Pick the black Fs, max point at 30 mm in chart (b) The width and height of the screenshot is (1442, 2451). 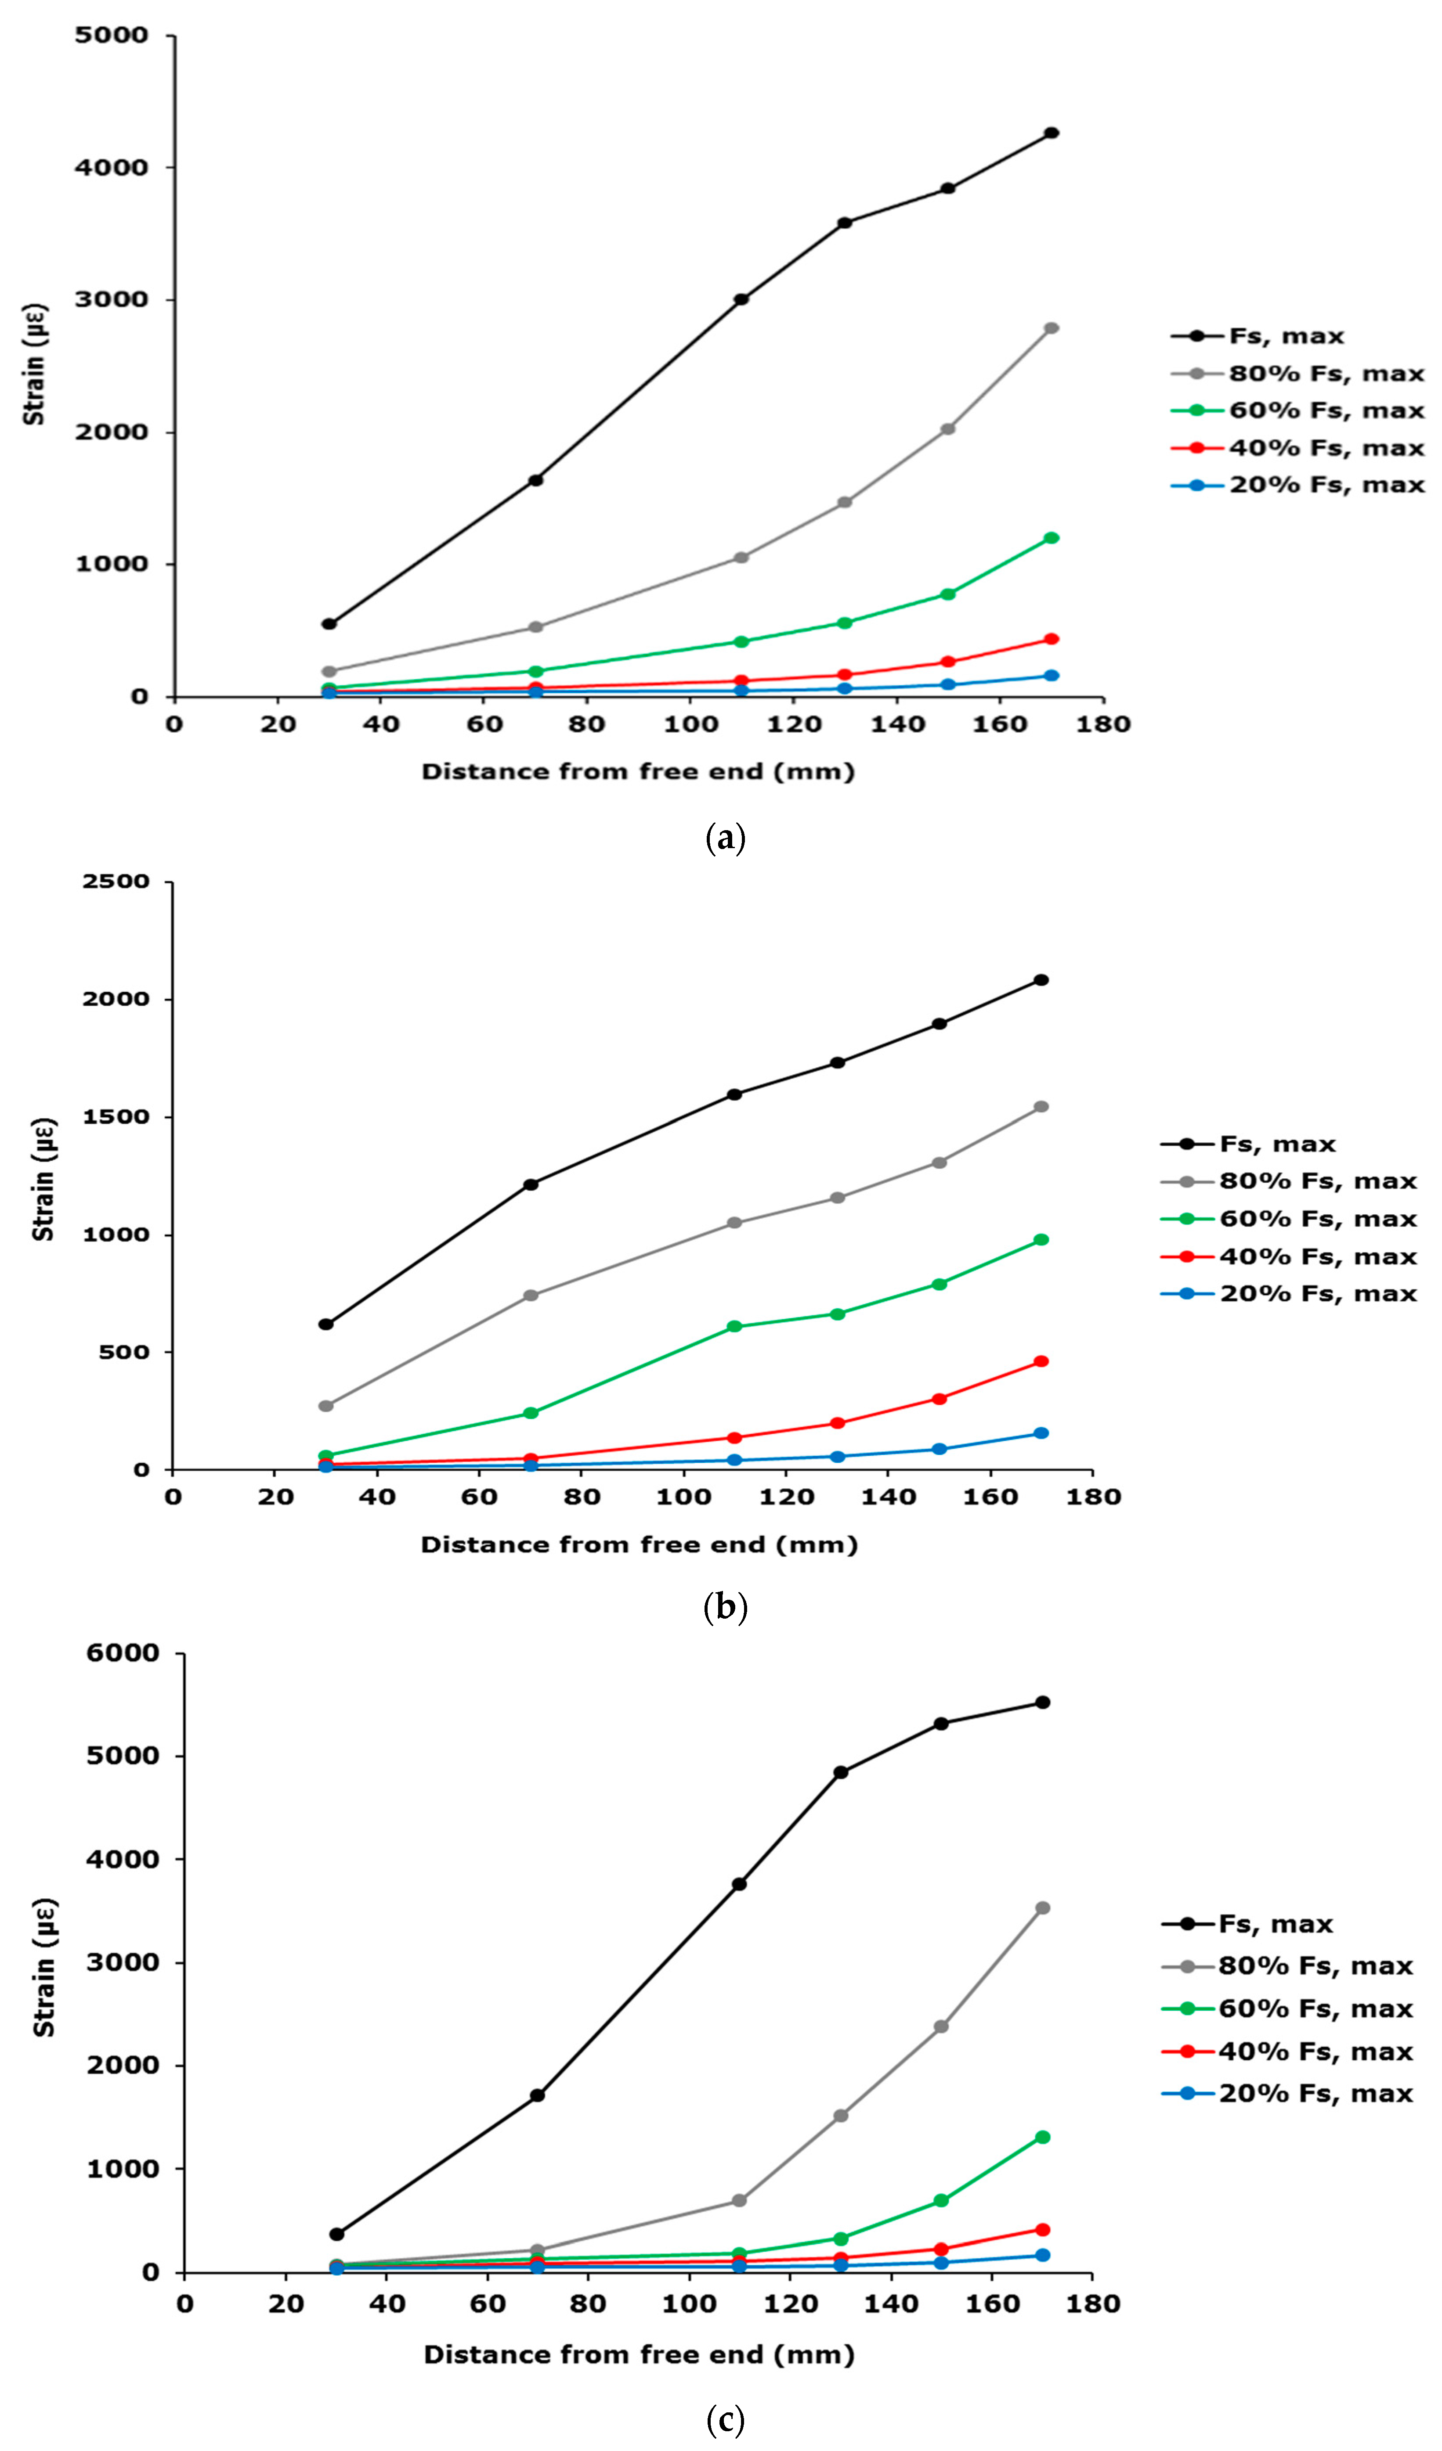[x=326, y=1324]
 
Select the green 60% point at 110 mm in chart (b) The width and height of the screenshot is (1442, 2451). [x=735, y=1326]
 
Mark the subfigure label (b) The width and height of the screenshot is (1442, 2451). [x=725, y=1608]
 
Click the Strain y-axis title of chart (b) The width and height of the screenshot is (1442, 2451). [x=44, y=1179]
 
